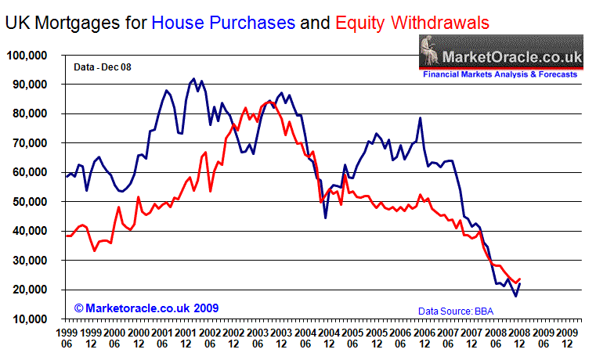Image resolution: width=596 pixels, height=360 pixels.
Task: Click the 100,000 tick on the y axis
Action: point(27,56)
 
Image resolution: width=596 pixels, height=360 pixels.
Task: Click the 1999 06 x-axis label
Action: point(67,337)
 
